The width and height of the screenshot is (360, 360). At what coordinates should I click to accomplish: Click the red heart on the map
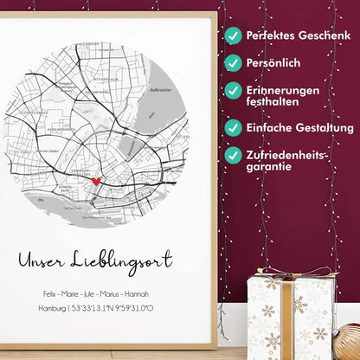(x=97, y=182)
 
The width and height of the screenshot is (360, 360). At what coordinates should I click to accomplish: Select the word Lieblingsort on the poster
(x=125, y=260)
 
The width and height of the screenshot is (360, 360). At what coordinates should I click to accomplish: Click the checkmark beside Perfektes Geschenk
(x=233, y=35)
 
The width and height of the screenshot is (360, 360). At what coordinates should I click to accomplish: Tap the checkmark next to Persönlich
(x=233, y=63)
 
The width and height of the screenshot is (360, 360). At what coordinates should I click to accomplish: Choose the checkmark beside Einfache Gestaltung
(x=233, y=127)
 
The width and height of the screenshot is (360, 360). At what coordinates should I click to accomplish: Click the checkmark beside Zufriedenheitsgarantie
(x=233, y=155)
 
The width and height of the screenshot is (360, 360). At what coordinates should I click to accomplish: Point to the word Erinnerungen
(x=282, y=89)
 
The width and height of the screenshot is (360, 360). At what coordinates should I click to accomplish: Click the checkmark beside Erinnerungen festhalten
(x=233, y=90)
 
